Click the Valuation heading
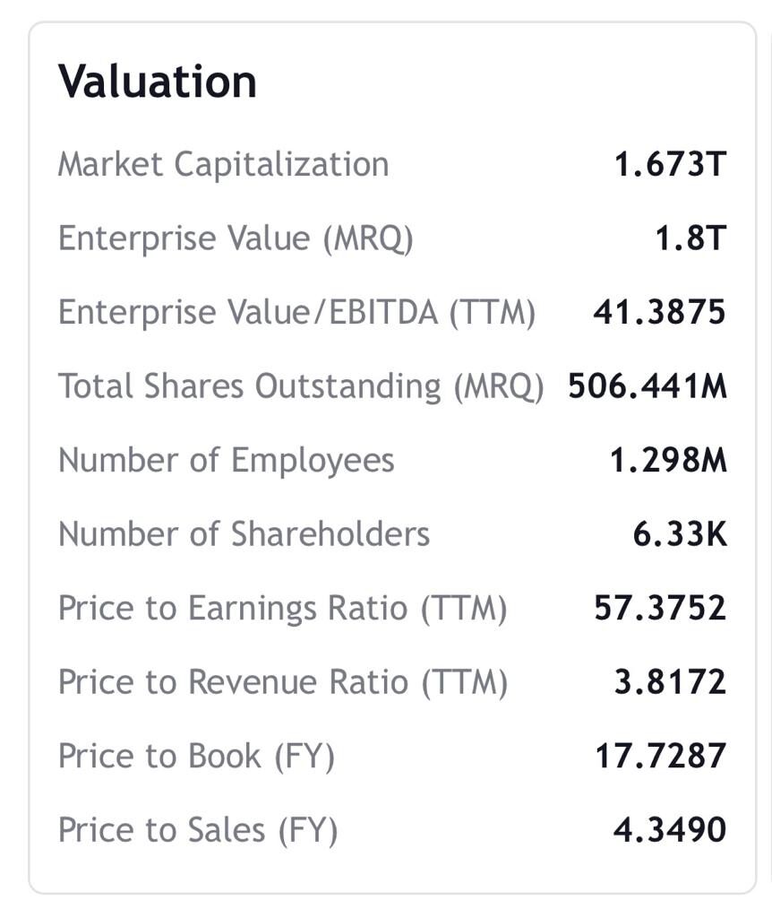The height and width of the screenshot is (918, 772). click(158, 82)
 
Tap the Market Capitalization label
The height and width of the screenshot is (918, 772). click(223, 165)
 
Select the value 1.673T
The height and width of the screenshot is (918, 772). click(669, 165)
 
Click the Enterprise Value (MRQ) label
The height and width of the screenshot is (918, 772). click(236, 238)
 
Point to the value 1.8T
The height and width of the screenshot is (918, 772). click(690, 238)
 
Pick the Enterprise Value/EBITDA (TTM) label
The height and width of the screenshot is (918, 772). click(296, 313)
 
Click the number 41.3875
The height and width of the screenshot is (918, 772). click(659, 313)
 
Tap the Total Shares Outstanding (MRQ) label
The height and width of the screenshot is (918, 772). click(301, 386)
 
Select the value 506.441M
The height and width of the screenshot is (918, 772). click(648, 386)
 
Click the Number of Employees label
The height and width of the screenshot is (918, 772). click(226, 461)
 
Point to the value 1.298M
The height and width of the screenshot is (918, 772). click(668, 461)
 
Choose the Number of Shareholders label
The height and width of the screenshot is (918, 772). click(244, 534)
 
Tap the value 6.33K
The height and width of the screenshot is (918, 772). click(680, 534)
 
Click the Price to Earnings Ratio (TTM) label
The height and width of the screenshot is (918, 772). click(282, 609)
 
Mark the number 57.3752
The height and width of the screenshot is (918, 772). click(660, 609)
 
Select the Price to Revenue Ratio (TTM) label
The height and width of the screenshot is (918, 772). click(282, 682)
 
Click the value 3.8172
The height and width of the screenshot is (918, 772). click(669, 682)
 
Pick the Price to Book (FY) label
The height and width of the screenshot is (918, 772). click(196, 757)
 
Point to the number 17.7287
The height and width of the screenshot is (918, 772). click(660, 757)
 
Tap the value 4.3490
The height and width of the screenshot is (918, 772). click(669, 830)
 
